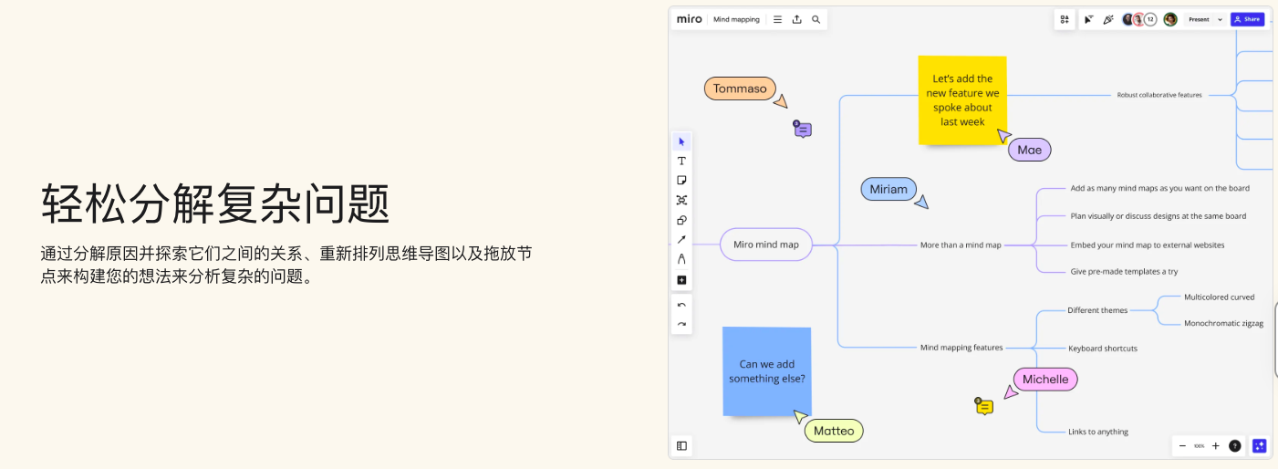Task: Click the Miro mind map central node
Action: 765,245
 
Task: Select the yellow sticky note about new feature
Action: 961,100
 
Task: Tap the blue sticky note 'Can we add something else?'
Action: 766,371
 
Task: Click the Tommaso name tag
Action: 740,89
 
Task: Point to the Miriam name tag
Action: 888,190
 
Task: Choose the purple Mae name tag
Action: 1029,150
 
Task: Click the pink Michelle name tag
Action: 1044,380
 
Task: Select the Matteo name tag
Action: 834,431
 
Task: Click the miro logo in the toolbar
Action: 689,19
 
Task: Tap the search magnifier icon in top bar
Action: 816,19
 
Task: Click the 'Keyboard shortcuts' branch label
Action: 1102,349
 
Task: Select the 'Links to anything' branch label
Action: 1098,432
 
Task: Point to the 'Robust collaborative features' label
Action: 1159,95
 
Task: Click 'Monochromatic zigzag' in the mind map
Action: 1223,323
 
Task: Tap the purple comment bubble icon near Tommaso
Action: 803,130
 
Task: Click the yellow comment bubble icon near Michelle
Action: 984,407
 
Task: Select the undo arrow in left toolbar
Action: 681,305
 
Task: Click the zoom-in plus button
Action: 1215,446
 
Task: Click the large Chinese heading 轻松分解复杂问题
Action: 215,203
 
